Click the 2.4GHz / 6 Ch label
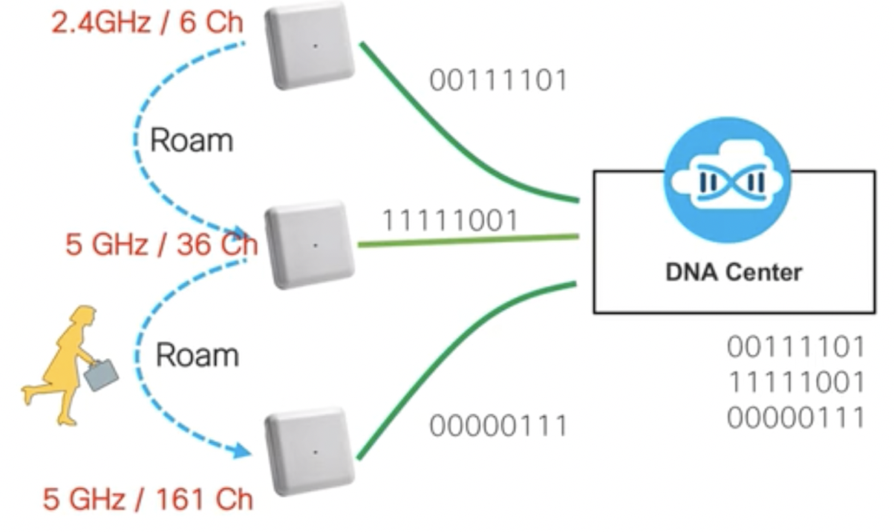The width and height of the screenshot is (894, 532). [147, 22]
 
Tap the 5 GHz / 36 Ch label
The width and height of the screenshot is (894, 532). [161, 244]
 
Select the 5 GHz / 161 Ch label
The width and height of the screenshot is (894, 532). [147, 498]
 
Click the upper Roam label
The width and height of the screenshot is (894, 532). [192, 140]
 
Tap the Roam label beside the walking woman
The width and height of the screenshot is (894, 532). [197, 355]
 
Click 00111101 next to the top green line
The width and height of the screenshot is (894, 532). [499, 80]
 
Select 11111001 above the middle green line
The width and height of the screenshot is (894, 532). [449, 220]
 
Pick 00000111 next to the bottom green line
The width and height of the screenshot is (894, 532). [498, 426]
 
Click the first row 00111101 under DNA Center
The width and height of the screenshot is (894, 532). [796, 346]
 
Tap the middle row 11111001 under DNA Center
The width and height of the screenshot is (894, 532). [796, 382]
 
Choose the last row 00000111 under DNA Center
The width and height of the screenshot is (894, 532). [796, 417]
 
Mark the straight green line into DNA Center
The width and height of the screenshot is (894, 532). [468, 240]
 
